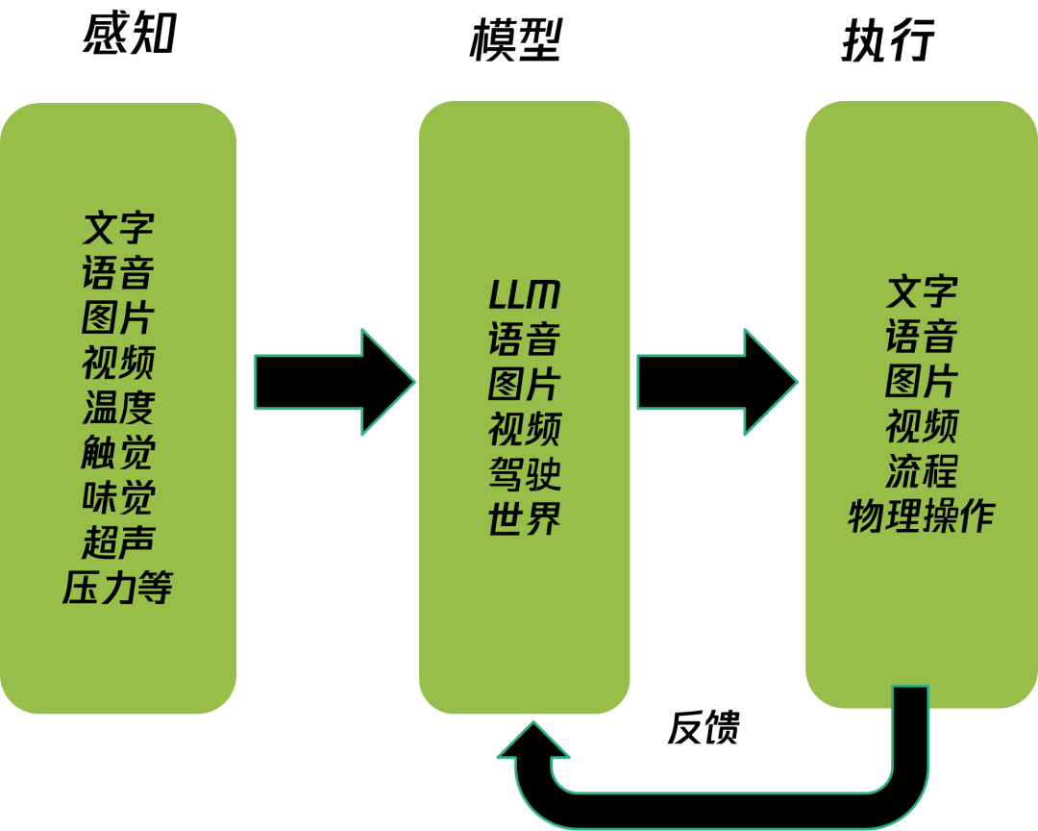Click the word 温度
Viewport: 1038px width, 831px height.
(118, 408)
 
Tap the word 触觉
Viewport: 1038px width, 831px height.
(118, 453)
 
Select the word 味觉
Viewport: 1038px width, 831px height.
(118, 498)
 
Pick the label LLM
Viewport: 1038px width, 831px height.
(524, 295)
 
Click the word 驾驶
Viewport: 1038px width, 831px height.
(524, 475)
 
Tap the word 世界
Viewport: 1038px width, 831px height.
(524, 520)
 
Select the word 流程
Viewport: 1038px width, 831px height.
(921, 471)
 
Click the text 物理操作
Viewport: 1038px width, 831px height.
(921, 516)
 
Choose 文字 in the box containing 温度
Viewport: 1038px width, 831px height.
(118, 228)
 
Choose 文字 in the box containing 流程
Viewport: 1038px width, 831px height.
(921, 290)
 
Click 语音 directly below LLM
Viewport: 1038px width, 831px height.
(524, 340)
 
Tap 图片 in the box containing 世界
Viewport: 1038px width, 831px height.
(524, 385)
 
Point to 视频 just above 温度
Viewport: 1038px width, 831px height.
(118, 363)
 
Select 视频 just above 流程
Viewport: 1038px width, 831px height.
(921, 426)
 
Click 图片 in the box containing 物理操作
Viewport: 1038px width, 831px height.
(921, 381)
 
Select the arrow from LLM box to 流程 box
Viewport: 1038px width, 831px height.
(716, 382)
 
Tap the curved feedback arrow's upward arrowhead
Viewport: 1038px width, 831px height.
(533, 742)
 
